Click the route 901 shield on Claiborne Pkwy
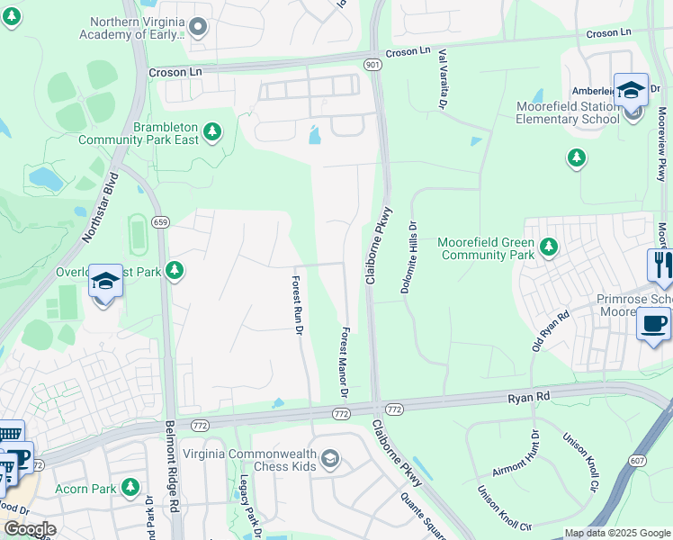pyautogui.click(x=373, y=65)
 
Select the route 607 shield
pyautogui.click(x=637, y=460)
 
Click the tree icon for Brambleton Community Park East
pyautogui.click(x=212, y=133)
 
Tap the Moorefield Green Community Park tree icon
pyautogui.click(x=548, y=246)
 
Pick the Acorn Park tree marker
pyautogui.click(x=131, y=487)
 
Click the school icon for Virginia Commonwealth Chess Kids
pyautogui.click(x=330, y=460)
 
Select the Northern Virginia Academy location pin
pyautogui.click(x=199, y=29)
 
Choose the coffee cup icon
pyautogui.click(x=653, y=323)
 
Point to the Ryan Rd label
pyautogui.click(x=528, y=396)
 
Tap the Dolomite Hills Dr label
pyautogui.click(x=410, y=256)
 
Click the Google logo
pyautogui.click(x=29, y=529)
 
